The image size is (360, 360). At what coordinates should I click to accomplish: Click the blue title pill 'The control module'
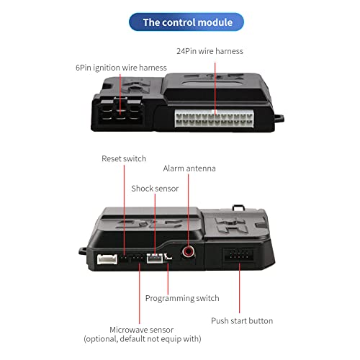pyautogui.click(x=187, y=22)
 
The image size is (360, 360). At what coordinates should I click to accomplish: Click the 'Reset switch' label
pyautogui.click(x=124, y=158)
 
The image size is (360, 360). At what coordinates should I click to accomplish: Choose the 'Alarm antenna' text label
pyautogui.click(x=189, y=168)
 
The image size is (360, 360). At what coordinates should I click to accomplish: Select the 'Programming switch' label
pyautogui.click(x=182, y=298)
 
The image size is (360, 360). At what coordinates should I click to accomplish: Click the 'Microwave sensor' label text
pyautogui.click(x=143, y=329)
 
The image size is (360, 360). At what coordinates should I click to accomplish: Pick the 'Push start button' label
pyautogui.click(x=241, y=320)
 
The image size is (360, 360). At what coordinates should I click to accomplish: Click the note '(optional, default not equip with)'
pyautogui.click(x=143, y=338)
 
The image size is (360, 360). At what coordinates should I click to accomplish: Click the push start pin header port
pyautogui.click(x=238, y=256)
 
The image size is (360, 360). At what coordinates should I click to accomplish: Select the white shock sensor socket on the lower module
pyautogui.click(x=154, y=260)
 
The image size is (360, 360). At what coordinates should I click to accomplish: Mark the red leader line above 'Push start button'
pyautogui.click(x=238, y=288)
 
